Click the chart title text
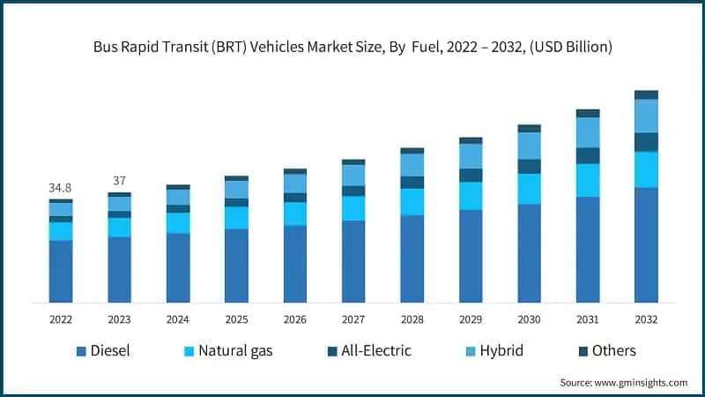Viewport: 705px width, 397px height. (352, 46)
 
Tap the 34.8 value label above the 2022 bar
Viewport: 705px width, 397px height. (60, 188)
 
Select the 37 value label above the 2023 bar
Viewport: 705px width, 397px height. (119, 181)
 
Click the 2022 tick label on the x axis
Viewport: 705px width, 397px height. (61, 319)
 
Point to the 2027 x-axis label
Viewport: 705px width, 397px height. (353, 319)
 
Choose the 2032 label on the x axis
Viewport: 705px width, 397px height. (646, 319)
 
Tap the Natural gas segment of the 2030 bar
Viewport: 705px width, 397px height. (529, 189)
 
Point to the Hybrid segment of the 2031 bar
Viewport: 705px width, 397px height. (588, 132)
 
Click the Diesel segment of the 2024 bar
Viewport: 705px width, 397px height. (178, 268)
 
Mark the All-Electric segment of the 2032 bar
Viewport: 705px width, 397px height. (646, 142)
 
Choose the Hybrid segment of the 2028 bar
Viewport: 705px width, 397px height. (412, 165)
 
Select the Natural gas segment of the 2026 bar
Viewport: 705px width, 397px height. (295, 214)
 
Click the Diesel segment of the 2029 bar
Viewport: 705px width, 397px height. (471, 256)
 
